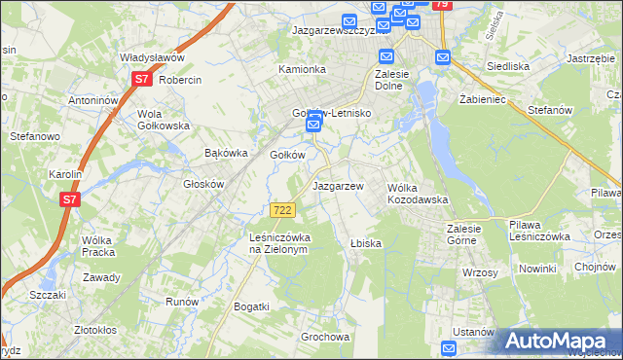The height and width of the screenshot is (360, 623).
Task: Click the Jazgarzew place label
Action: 338,186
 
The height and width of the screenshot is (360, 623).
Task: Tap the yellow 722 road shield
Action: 282,210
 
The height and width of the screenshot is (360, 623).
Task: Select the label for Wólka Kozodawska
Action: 418,193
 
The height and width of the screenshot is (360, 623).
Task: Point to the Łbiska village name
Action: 365,243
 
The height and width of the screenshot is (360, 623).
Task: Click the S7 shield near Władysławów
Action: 142,79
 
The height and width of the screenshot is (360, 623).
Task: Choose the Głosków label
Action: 204,184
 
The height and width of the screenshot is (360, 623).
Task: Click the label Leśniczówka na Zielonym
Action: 278,243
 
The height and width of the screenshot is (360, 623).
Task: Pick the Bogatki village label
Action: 251,306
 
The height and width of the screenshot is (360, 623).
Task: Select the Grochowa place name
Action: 325,338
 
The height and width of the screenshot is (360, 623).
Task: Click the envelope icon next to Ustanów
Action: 449,348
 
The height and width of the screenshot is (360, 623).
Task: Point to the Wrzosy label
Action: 480,272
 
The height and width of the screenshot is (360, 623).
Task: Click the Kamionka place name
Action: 301,70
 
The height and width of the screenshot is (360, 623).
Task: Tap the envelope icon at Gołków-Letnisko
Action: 313,125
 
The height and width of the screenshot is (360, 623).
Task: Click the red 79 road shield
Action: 443,5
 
